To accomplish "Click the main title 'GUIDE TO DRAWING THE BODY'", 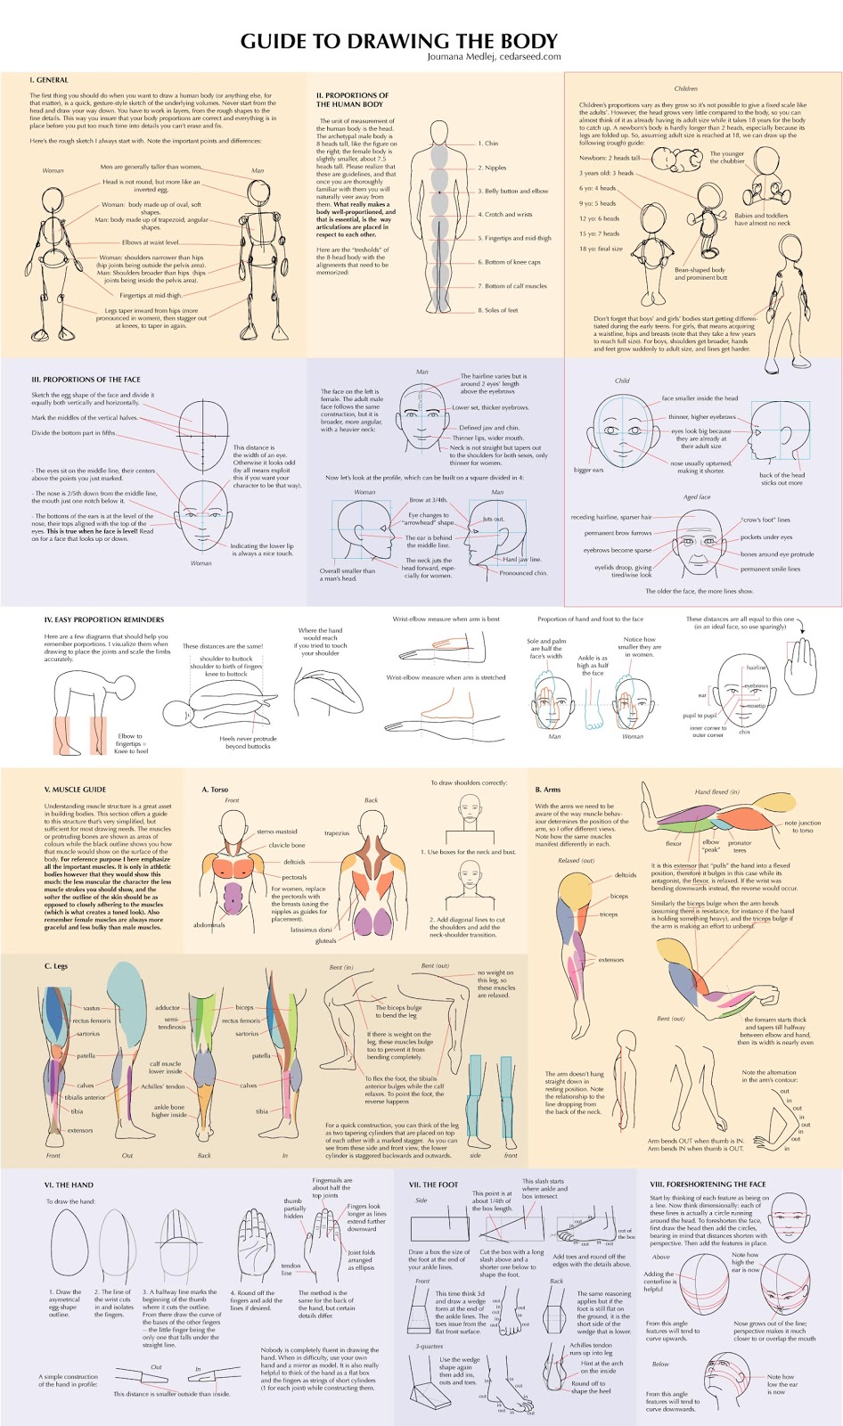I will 398,41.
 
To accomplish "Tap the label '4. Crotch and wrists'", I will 504,215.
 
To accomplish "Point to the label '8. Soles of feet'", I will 497,310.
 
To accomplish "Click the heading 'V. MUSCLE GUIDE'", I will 75,789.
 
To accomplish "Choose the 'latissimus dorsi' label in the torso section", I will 311,930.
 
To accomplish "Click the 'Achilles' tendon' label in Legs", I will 163,1086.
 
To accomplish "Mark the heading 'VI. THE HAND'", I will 69,1185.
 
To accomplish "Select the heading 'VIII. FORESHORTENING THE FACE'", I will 708,1184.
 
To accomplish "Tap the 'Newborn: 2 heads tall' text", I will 610,158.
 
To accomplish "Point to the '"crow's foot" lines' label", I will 765,520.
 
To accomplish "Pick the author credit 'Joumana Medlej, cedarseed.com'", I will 494,57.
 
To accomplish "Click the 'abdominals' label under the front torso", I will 209,925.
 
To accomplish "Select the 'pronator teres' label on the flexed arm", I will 740,846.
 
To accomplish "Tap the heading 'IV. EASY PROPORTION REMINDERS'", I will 103,619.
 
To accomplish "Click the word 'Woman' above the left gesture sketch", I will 53,170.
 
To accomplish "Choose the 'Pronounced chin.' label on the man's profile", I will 523,573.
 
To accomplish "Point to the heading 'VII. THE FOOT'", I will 433,1184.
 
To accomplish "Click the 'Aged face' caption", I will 697,497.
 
